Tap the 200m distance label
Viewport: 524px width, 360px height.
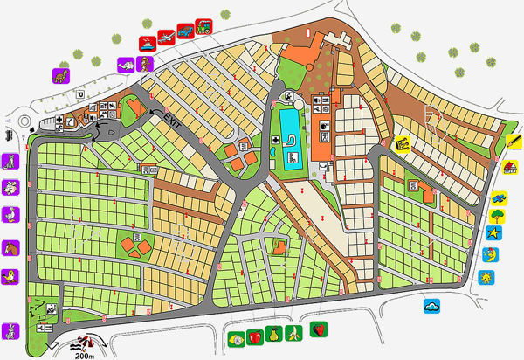[x=84, y=353]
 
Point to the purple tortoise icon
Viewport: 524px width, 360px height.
[x=126, y=64]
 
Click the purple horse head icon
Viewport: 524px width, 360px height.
[x=10, y=247]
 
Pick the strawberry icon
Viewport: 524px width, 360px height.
[x=321, y=330]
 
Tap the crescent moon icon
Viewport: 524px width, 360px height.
[x=490, y=255]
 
